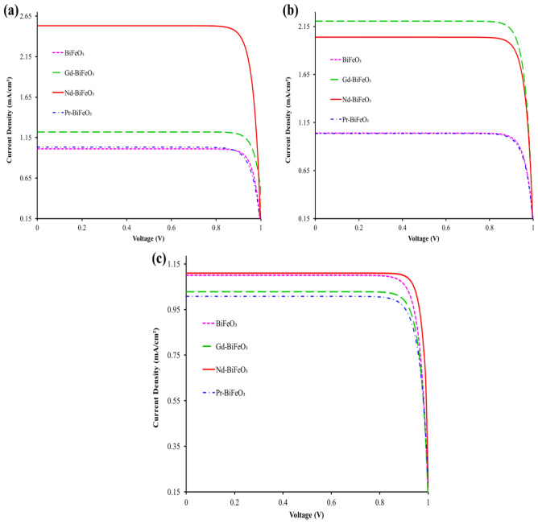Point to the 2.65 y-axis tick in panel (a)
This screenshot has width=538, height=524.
(x=23, y=16)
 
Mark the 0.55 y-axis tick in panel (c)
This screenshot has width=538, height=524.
(x=172, y=400)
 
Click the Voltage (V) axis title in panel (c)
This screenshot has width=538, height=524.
(x=306, y=514)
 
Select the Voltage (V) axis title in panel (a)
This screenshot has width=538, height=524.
(x=148, y=239)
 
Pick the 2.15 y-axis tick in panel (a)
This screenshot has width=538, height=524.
(x=23, y=56)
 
